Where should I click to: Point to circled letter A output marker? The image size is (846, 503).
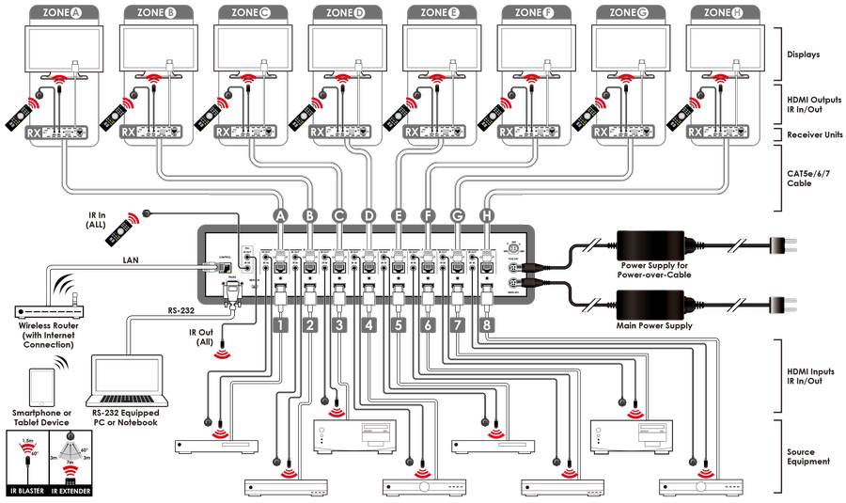279,215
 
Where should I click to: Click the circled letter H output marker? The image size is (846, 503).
486,215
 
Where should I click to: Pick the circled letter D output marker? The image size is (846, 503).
368,215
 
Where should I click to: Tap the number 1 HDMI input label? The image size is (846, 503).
279,326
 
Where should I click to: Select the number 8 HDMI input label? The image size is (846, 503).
486,326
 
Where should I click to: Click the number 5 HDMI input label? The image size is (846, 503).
398,326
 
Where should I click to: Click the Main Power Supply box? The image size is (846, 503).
656,307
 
